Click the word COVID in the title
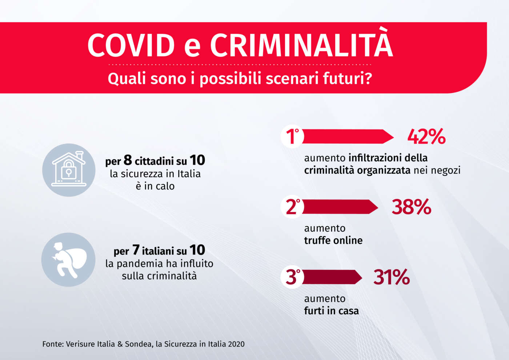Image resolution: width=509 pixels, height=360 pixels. [131, 45]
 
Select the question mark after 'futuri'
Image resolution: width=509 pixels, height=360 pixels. [368, 78]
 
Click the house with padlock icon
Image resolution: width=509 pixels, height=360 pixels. [69, 170]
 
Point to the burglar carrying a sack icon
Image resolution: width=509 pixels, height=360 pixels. [68, 260]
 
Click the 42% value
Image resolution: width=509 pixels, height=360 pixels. [426, 137]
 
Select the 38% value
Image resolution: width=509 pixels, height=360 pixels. [411, 207]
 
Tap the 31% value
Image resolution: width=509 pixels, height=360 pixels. [392, 277]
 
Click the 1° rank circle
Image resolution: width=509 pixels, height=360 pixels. [292, 137]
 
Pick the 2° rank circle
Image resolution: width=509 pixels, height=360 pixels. [292, 207]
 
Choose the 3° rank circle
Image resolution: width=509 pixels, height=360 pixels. [292, 277]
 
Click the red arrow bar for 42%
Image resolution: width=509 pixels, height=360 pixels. [347, 137]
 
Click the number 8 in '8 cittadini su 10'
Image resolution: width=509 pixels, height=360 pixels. [128, 160]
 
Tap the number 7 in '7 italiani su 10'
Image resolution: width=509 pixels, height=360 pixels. [136, 250]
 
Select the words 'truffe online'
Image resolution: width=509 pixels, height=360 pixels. [333, 240]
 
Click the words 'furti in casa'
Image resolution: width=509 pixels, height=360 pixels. [331, 311]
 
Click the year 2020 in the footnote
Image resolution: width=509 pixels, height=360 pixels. [236, 344]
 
